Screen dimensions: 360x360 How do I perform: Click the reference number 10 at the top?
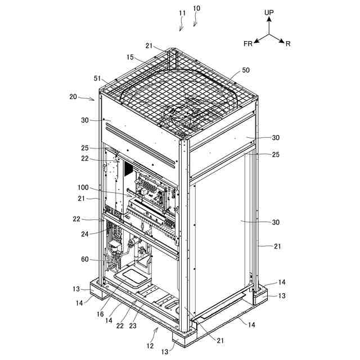click(x=196, y=8)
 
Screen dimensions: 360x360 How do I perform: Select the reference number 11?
click(x=182, y=12)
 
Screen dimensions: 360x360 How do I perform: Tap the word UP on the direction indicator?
click(x=269, y=11)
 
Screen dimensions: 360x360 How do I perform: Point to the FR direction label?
click(x=247, y=43)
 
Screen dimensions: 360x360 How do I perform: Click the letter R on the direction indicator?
click(x=287, y=43)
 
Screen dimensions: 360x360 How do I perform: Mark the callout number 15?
click(x=130, y=57)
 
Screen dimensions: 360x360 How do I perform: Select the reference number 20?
click(x=74, y=96)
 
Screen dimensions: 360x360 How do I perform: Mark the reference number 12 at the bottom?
click(x=150, y=345)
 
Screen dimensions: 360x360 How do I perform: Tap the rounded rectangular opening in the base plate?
click(x=130, y=276)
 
